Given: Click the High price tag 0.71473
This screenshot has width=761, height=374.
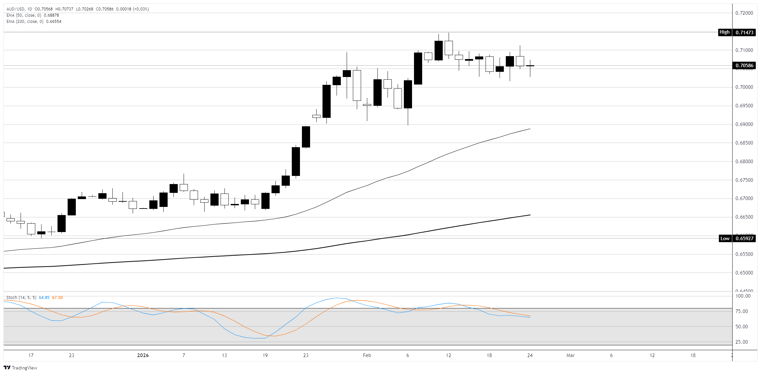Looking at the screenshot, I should (x=744, y=32).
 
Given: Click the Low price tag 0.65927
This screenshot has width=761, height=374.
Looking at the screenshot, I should (x=744, y=238).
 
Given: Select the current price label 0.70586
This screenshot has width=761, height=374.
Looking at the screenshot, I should (x=744, y=66).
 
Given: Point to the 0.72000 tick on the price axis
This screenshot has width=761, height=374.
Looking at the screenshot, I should (x=744, y=13).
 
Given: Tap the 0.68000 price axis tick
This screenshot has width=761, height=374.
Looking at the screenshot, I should (x=744, y=162).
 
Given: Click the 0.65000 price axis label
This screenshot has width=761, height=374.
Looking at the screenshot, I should (x=744, y=273).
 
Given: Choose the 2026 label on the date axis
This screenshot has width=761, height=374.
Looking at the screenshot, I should (x=143, y=355).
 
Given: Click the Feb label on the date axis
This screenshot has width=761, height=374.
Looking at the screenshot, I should (x=367, y=355).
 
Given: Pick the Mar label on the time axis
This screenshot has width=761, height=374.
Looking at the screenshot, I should (x=571, y=355).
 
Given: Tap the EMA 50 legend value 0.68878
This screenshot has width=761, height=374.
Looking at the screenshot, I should (x=51, y=15).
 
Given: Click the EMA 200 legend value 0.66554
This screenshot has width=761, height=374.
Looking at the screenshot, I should (x=54, y=22).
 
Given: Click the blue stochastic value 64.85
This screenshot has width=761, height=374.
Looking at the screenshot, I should (x=44, y=298).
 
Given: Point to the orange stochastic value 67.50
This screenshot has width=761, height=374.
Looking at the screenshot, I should (x=58, y=298).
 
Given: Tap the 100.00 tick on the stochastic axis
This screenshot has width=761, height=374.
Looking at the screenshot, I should (x=743, y=296).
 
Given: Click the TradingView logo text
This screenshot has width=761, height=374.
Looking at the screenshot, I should (x=24, y=368).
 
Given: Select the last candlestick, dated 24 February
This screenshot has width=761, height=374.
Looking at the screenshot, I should (x=530, y=66).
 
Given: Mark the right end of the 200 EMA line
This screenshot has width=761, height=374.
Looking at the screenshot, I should (x=530, y=215).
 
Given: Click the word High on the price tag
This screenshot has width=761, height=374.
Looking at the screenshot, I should (x=724, y=32).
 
